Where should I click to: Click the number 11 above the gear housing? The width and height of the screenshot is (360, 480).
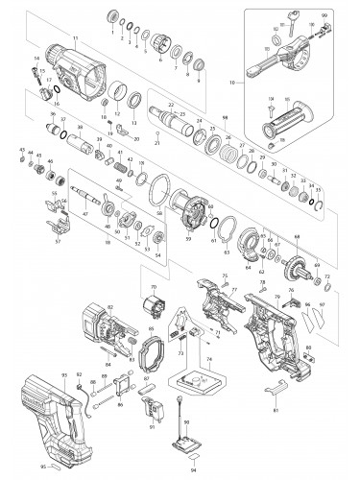[x=73, y=36]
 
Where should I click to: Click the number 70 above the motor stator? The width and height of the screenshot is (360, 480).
[x=153, y=287]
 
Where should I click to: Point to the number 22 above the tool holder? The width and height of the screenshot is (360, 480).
[x=169, y=103]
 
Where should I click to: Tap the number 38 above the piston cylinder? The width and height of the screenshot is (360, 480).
[x=80, y=127]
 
